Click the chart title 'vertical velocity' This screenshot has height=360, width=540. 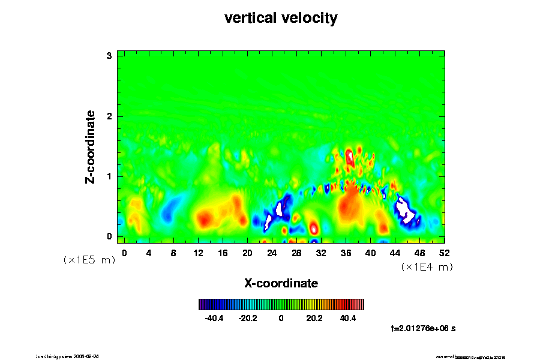coord(281,19)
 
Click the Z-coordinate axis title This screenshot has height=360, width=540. coord(91,146)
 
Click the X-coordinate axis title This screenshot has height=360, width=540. coord(281,283)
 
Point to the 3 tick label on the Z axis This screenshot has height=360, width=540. coord(110,56)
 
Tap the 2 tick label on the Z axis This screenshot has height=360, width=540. coord(110,116)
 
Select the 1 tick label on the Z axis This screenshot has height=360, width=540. coord(110,176)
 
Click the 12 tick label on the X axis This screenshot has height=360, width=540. coord(198,253)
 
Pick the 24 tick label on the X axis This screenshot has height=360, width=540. coord(272,253)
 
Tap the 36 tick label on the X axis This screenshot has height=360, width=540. coord(346,253)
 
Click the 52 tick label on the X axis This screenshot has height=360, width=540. coord(445,253)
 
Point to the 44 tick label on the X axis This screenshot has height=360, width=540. coord(395,253)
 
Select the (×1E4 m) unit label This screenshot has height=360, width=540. coord(427,267)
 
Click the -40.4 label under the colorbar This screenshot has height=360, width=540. coord(214,318)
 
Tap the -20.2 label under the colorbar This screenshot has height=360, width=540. coord(247,318)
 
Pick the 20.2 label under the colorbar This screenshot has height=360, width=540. coord(314,318)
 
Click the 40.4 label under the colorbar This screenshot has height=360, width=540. coord(347,318)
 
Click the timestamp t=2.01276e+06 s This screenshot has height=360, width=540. coord(424,328)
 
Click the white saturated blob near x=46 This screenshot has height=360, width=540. coord(406,210)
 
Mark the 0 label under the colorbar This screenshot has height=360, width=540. coord(281,318)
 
